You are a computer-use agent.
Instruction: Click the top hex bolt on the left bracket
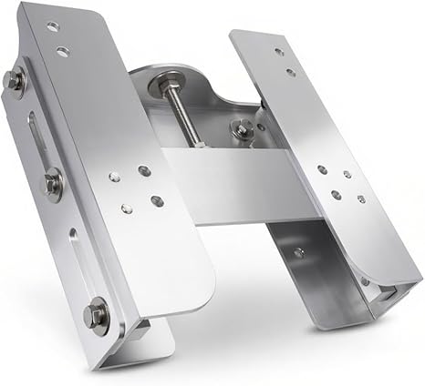[x=14, y=80]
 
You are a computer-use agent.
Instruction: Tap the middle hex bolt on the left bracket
[x=53, y=184]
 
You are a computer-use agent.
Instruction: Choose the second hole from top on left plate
[x=62, y=51]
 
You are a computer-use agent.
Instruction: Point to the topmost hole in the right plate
[x=279, y=51]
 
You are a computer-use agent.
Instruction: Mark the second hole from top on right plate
[x=291, y=71]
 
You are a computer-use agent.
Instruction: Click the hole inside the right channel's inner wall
[x=298, y=251]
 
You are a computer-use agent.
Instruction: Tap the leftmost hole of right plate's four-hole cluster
[x=322, y=169]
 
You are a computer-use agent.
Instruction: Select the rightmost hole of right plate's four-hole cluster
[x=361, y=198]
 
